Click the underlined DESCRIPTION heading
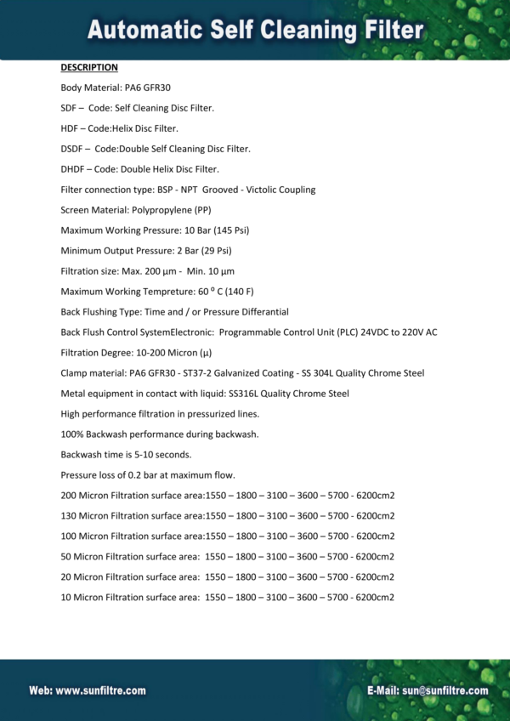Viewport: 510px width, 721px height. [x=89, y=67]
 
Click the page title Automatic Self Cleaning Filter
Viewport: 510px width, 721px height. [x=255, y=31]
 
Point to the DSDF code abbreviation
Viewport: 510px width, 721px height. [x=72, y=149]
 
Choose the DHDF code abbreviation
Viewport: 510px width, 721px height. [x=72, y=169]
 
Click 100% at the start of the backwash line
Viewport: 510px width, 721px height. [x=71, y=434]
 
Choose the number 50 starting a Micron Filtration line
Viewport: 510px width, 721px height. [x=66, y=556]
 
